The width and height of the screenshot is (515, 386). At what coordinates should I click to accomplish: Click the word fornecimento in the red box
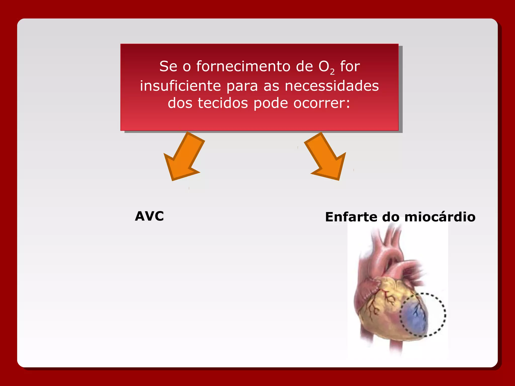tap(243, 66)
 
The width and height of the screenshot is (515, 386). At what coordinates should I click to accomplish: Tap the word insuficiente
tap(180, 86)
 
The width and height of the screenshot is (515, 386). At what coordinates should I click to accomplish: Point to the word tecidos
tap(223, 103)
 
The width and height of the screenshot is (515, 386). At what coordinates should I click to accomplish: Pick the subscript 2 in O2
tap(332, 72)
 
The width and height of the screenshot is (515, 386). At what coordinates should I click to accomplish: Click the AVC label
tap(149, 216)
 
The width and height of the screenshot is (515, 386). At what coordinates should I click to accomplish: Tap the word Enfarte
tap(351, 217)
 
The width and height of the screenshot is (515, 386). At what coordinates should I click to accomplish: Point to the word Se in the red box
tap(168, 66)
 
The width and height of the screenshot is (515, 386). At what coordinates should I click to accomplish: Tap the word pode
tap(271, 104)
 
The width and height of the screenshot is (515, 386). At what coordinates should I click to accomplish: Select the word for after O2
tap(350, 66)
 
